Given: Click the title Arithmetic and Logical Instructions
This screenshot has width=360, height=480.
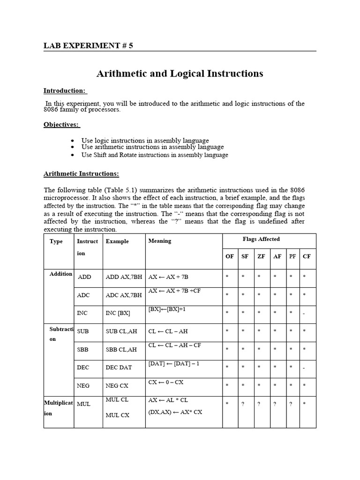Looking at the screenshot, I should [180, 74].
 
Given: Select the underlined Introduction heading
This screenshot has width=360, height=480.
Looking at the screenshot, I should [65, 90].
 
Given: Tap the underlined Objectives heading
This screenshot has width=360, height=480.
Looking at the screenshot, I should [61, 125].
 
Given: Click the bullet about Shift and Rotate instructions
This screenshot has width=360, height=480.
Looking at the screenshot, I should [155, 155].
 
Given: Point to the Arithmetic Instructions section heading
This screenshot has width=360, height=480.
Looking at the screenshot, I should [81, 174].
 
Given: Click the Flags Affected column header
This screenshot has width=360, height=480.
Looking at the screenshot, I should [261, 239].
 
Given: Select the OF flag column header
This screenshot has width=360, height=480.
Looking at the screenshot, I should [230, 256].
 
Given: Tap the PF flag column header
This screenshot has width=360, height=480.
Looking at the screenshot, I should [292, 256].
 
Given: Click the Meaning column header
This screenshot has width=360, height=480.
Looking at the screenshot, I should [160, 241].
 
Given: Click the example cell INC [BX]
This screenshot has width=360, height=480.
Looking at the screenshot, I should [118, 313].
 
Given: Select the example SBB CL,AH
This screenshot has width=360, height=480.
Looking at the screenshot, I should [121, 349].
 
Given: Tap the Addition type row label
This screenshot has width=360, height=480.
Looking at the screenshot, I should [60, 274].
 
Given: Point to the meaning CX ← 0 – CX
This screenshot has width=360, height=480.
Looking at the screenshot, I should [165, 382].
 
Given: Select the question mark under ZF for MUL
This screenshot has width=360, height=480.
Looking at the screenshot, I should [259, 404].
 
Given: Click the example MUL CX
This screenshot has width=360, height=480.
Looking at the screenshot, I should [117, 415].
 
